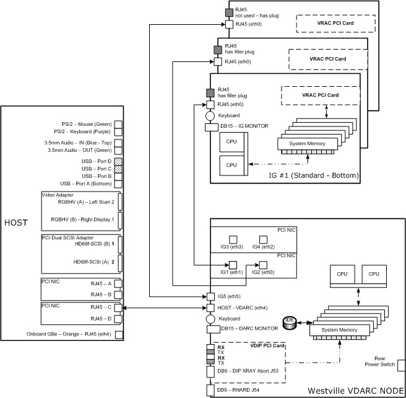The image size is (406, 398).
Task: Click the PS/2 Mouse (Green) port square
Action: pos(118,124)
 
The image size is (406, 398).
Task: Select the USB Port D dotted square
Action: pos(118,161)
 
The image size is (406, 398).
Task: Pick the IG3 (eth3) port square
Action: pos(233,239)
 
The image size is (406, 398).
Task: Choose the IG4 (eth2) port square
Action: pos(262,239)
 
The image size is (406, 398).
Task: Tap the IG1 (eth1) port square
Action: pos(233,265)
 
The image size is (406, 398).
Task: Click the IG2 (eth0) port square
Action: pos(262,265)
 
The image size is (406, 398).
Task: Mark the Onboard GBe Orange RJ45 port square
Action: pos(118,335)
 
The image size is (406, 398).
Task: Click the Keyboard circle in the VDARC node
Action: pos(210,319)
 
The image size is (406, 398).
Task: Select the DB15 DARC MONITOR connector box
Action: pos(210,329)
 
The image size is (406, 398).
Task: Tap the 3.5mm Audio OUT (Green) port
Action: pos(118,150)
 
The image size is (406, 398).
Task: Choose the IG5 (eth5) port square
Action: pos(210,296)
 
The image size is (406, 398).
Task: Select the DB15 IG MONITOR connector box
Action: pos(209,126)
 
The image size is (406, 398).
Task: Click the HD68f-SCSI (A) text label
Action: pos(92,262)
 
